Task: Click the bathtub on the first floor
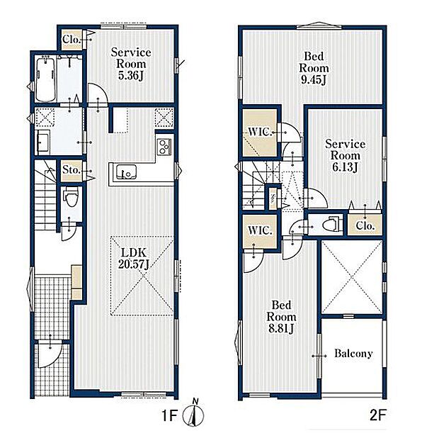pos(45,79)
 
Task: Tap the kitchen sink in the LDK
pos(126,172)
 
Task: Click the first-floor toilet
pos(70,198)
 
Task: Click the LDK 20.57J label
pos(133,259)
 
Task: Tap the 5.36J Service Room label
pos(131,64)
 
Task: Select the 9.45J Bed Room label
pos(314,68)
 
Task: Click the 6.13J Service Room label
pos(345,155)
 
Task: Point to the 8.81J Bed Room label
pos(281,317)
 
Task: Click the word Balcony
pos(353,354)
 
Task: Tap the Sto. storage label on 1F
pos(72,169)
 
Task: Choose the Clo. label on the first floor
pos(72,40)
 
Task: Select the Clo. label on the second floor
pos(365,225)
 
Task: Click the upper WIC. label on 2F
pos(260,132)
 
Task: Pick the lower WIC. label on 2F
pos(260,230)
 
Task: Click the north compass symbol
pos(193,415)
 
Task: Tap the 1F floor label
pos(169,416)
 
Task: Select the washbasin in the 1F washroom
pos(42,142)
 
